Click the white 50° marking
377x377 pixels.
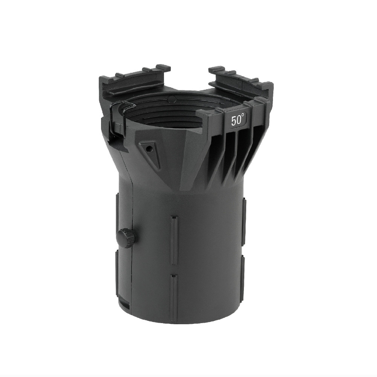(x=238, y=120)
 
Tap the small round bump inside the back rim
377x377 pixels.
(x=172, y=99)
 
